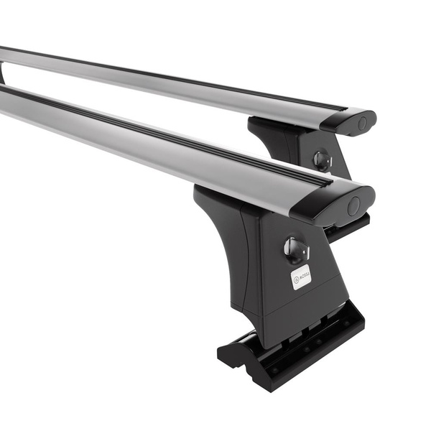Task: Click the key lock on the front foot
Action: click(295, 248)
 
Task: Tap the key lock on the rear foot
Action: click(323, 159)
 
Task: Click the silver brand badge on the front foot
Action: click(300, 277)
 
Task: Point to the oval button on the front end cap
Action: click(353, 206)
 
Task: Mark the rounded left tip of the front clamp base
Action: click(227, 352)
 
